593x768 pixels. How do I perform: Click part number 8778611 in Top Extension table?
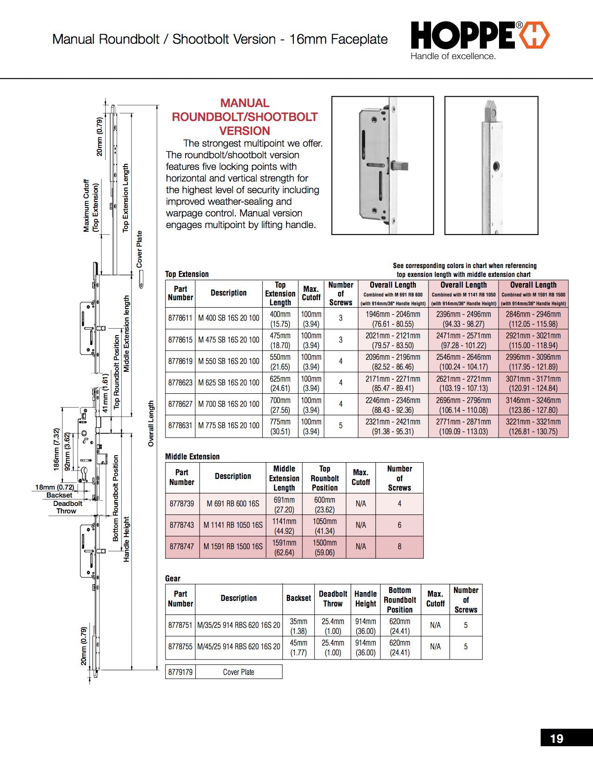(180, 318)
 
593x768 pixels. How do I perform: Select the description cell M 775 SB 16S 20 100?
(228, 426)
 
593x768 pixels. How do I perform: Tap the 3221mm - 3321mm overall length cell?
(533, 426)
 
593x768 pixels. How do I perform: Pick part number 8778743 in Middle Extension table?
(182, 525)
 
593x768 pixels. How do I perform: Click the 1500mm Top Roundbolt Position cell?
(324, 547)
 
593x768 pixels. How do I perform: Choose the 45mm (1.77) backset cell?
(298, 647)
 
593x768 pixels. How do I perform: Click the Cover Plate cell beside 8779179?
(238, 672)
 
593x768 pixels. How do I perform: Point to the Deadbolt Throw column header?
(333, 599)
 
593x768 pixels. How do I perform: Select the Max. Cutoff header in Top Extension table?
(311, 293)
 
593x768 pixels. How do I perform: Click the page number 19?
(556, 739)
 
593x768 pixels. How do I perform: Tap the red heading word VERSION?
(245, 131)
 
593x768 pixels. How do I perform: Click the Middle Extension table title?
(192, 457)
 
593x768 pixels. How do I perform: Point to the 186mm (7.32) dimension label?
(57, 449)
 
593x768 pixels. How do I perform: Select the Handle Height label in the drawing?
(127, 539)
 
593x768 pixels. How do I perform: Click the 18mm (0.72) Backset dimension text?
(54, 487)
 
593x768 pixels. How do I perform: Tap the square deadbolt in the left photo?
(401, 165)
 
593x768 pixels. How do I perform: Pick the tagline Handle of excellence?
(453, 56)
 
